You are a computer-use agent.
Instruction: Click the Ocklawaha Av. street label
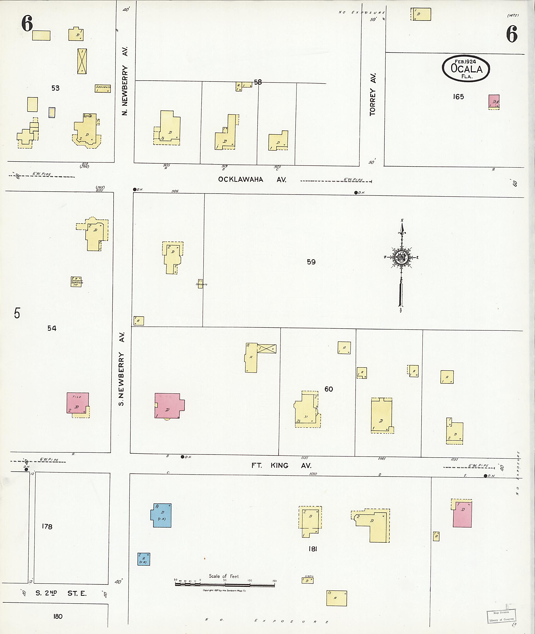(x=252, y=179)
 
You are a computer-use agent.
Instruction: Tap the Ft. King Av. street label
(x=281, y=465)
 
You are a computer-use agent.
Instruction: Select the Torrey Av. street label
(x=373, y=94)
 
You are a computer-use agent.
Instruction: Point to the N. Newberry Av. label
(x=125, y=81)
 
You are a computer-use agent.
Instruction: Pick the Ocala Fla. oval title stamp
(x=466, y=68)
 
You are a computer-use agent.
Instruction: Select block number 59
(x=311, y=262)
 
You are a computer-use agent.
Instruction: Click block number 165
(x=458, y=97)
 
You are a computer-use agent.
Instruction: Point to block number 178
(x=47, y=527)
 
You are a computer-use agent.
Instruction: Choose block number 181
(x=313, y=549)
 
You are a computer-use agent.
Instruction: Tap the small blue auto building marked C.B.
(x=143, y=559)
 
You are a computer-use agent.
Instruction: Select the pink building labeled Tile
(x=78, y=403)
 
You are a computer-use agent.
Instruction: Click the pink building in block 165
(x=494, y=102)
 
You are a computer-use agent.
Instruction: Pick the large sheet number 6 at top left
(x=27, y=24)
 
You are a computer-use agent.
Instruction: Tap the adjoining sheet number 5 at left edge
(x=17, y=313)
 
